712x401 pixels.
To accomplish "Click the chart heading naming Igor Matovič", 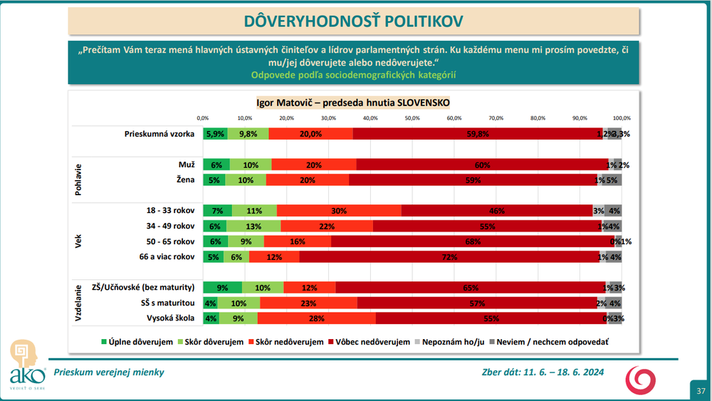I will tap(352, 102).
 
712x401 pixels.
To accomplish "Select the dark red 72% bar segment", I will tap(449, 257).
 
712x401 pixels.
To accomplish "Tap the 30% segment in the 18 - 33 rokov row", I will tap(339, 211).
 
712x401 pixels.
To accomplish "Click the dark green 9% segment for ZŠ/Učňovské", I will tap(222, 288).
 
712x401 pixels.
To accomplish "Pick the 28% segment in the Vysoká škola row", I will tap(317, 318).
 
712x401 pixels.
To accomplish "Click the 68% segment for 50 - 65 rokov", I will tap(472, 241).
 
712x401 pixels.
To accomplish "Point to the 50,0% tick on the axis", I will tap(412, 118).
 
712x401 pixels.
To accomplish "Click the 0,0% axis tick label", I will tap(203, 118).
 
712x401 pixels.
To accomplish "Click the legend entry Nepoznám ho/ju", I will tap(454, 342).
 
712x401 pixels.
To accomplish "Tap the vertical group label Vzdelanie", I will tap(79, 303).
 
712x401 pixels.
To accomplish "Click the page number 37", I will tap(701, 391).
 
